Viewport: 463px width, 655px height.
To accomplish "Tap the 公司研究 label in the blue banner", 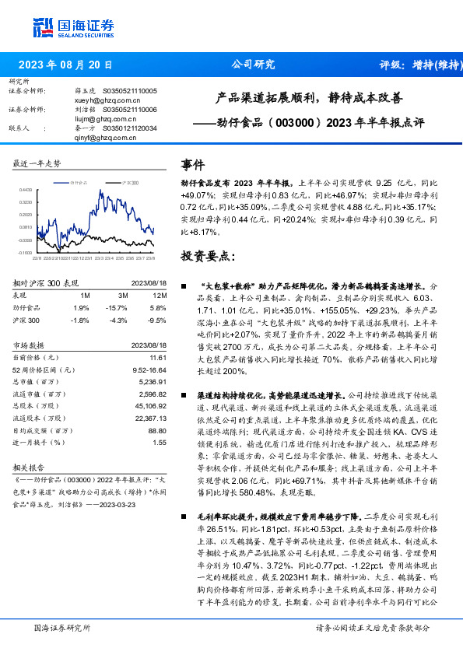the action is (x=253, y=65).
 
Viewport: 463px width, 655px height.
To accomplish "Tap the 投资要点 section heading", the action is (x=207, y=256).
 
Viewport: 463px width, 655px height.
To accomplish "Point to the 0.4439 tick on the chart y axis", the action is (x=25, y=189).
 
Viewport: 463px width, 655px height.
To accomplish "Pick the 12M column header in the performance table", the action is (x=159, y=296).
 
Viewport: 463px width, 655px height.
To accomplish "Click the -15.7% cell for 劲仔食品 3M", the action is (x=120, y=308).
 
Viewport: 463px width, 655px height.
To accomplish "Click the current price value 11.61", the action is (x=159, y=357).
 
